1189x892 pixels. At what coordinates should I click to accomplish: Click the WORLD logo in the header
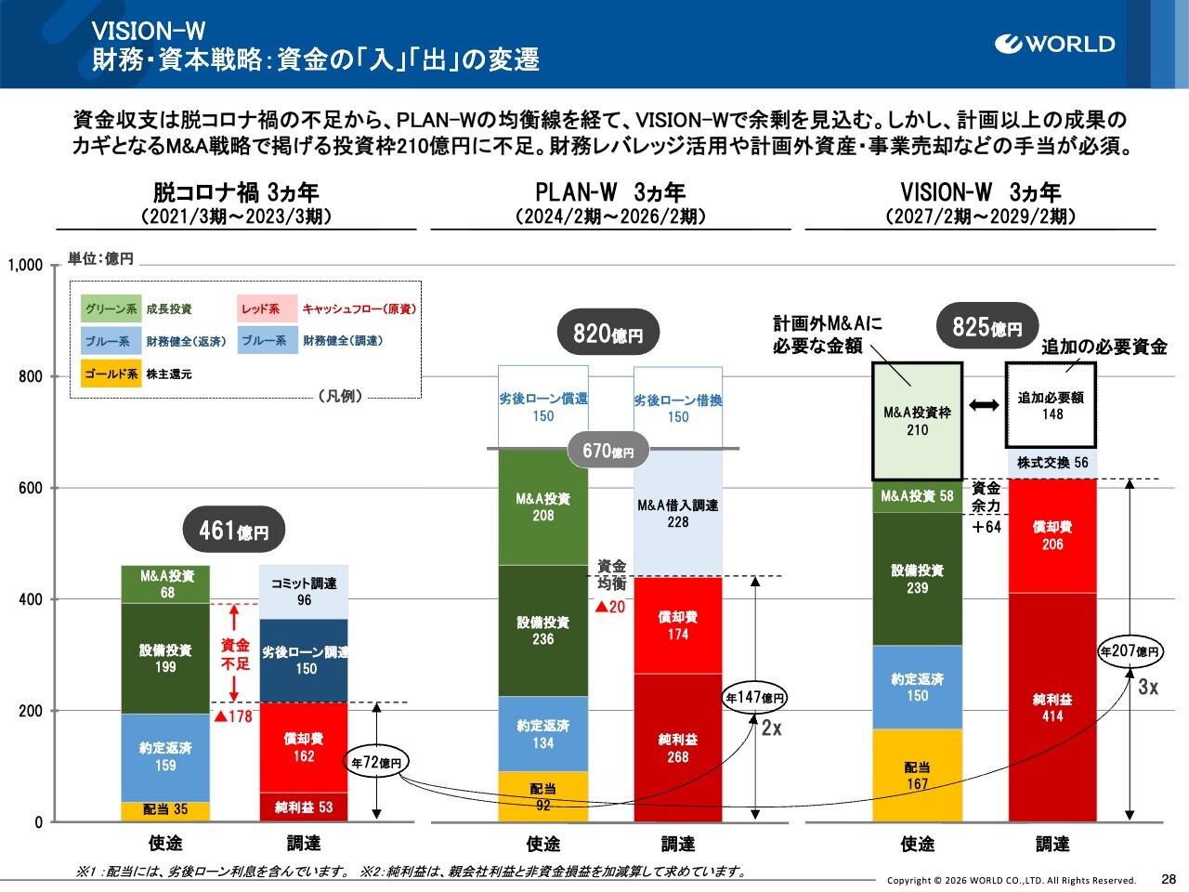click(x=1054, y=44)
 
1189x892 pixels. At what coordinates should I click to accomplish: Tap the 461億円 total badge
click(x=234, y=531)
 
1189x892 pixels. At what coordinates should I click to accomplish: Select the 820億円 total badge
click(x=608, y=334)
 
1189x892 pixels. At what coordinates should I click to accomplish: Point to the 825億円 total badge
click(x=986, y=327)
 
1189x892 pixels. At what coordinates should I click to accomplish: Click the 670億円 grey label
click(x=608, y=452)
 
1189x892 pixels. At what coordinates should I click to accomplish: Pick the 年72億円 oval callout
click(x=376, y=763)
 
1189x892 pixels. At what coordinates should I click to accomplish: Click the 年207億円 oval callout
click(x=1130, y=651)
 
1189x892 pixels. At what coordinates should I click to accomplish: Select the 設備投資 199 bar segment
click(x=165, y=658)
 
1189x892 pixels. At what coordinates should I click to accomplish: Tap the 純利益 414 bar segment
click(x=1052, y=707)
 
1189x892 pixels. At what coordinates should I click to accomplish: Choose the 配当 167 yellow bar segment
click(x=917, y=775)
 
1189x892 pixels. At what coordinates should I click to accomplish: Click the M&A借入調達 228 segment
click(x=678, y=513)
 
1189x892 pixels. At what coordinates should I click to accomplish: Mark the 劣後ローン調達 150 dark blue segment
click(x=304, y=660)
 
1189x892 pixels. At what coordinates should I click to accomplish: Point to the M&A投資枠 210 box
click(x=917, y=421)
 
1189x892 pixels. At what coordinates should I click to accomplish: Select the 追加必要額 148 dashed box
click(x=1051, y=405)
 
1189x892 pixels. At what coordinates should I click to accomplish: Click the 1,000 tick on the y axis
click(x=26, y=265)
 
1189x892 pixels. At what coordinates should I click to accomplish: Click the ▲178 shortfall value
click(x=233, y=716)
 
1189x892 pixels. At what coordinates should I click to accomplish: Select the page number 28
click(x=1169, y=879)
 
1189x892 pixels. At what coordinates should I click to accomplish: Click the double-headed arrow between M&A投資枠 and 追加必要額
click(x=984, y=405)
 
